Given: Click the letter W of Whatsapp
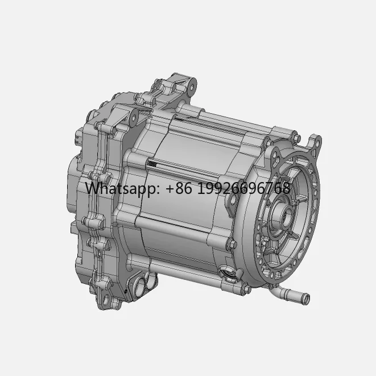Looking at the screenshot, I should coord(92,188).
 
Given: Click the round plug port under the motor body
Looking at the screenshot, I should coord(228,275).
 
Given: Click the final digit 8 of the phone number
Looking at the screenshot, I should coord(286,188).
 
